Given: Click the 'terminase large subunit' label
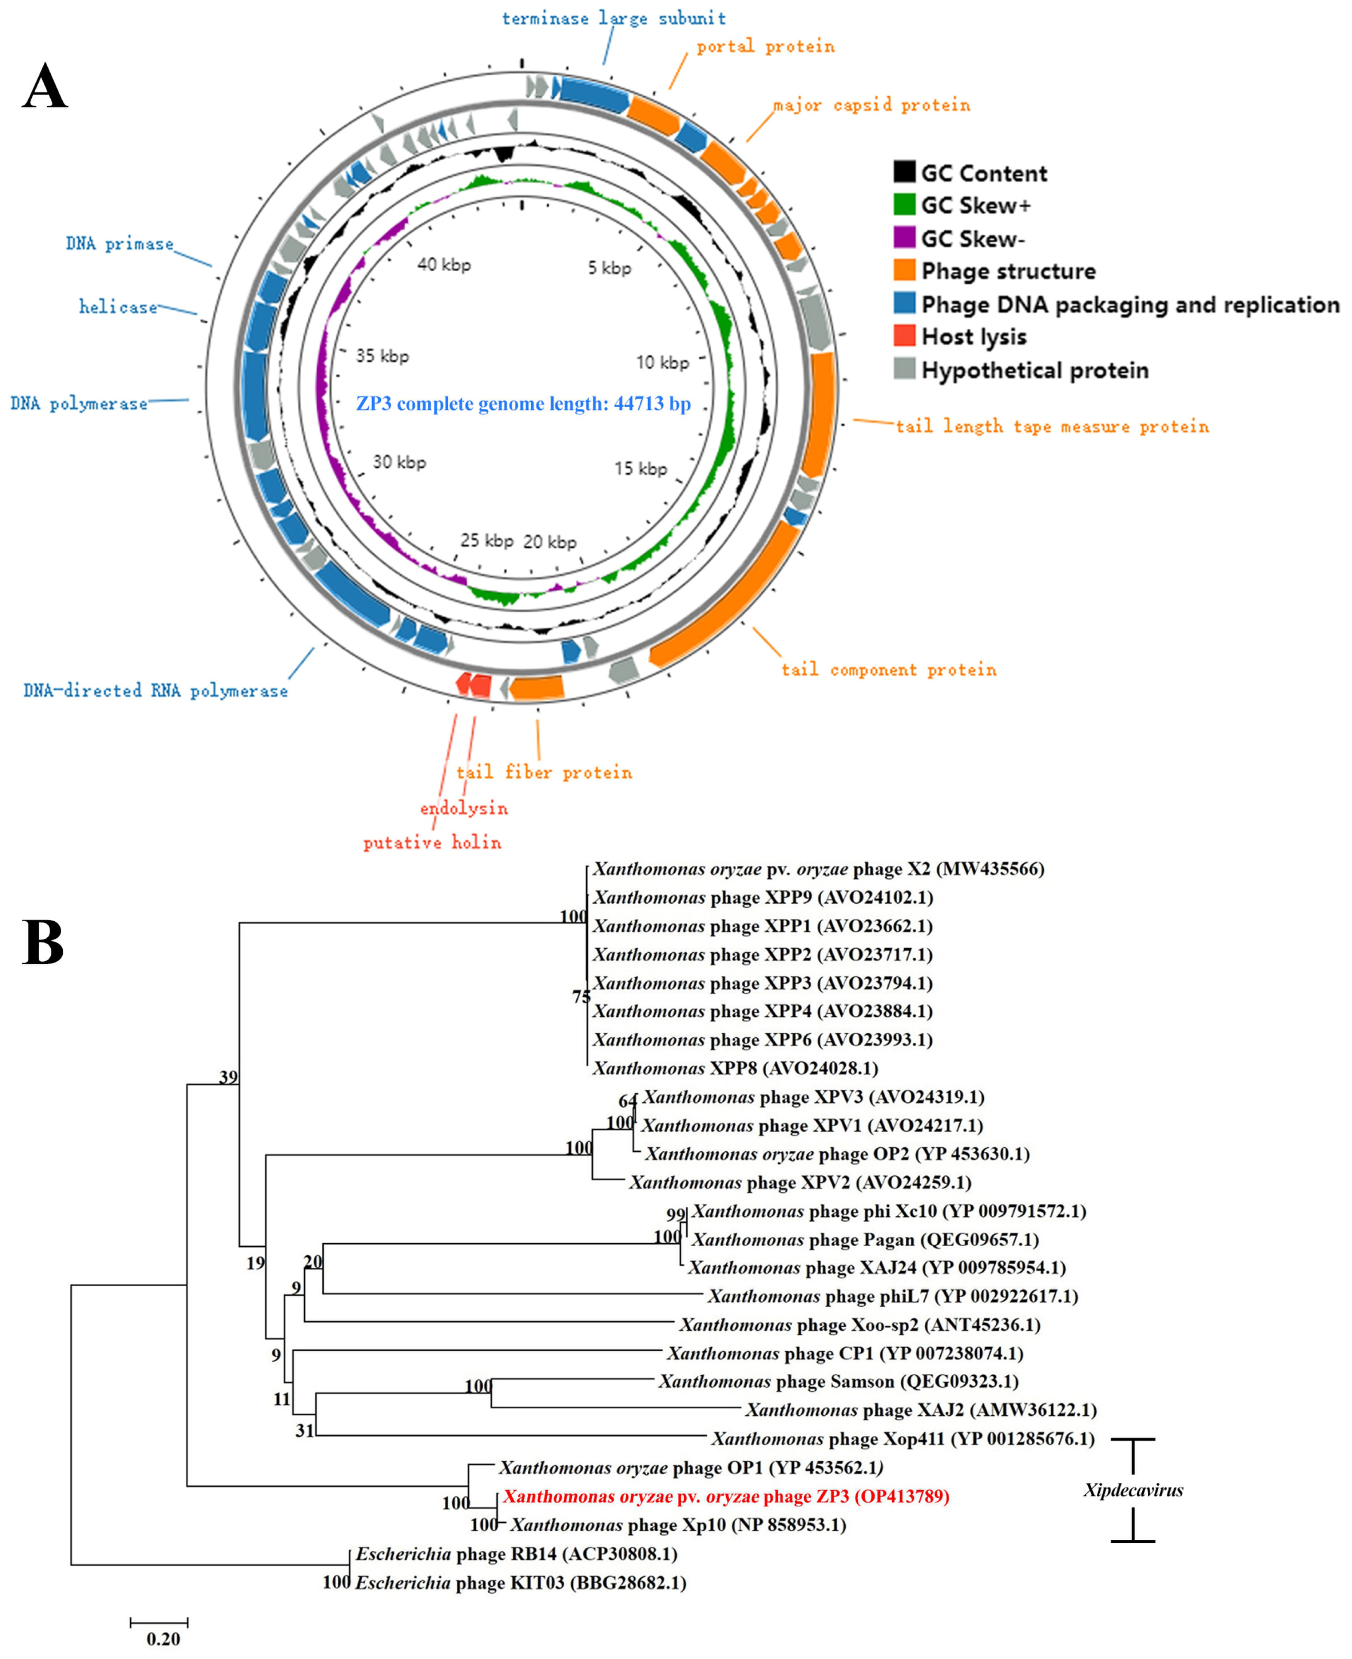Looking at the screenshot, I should click(x=614, y=18).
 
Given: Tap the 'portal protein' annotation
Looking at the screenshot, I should click(x=765, y=47).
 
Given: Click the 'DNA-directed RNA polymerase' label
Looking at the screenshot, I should click(x=155, y=691).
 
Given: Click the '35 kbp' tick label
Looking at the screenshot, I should click(x=382, y=356).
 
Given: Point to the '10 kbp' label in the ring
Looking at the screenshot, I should click(x=662, y=362).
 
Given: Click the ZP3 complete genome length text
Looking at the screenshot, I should click(x=523, y=403).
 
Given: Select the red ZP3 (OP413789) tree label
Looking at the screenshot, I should click(x=726, y=1496).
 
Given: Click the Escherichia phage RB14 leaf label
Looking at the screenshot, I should click(x=516, y=1554).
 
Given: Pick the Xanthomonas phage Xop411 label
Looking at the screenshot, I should click(x=902, y=1438).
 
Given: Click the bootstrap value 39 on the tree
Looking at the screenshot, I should click(x=228, y=1077).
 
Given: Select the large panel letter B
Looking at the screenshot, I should click(x=43, y=942).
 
